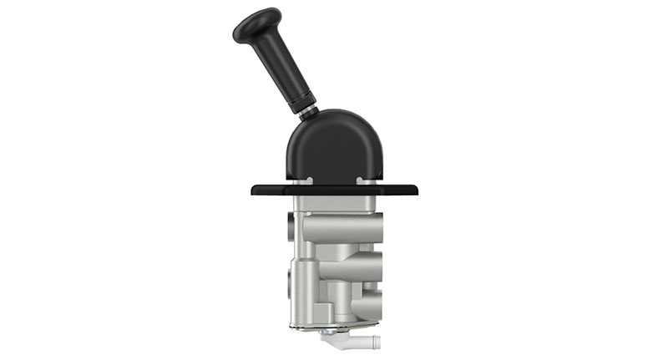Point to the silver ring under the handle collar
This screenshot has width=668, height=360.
pos(309,114)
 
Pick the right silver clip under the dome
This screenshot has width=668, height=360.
pos(362,180)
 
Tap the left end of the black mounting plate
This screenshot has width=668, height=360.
pos(256,190)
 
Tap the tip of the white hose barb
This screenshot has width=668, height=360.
pos(376,342)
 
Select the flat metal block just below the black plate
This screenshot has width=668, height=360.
pos(334,204)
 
